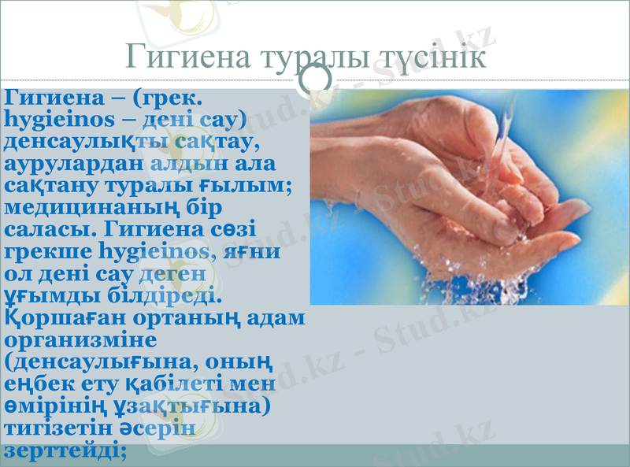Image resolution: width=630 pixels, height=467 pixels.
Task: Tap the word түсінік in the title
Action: pyautogui.click(x=429, y=56)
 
